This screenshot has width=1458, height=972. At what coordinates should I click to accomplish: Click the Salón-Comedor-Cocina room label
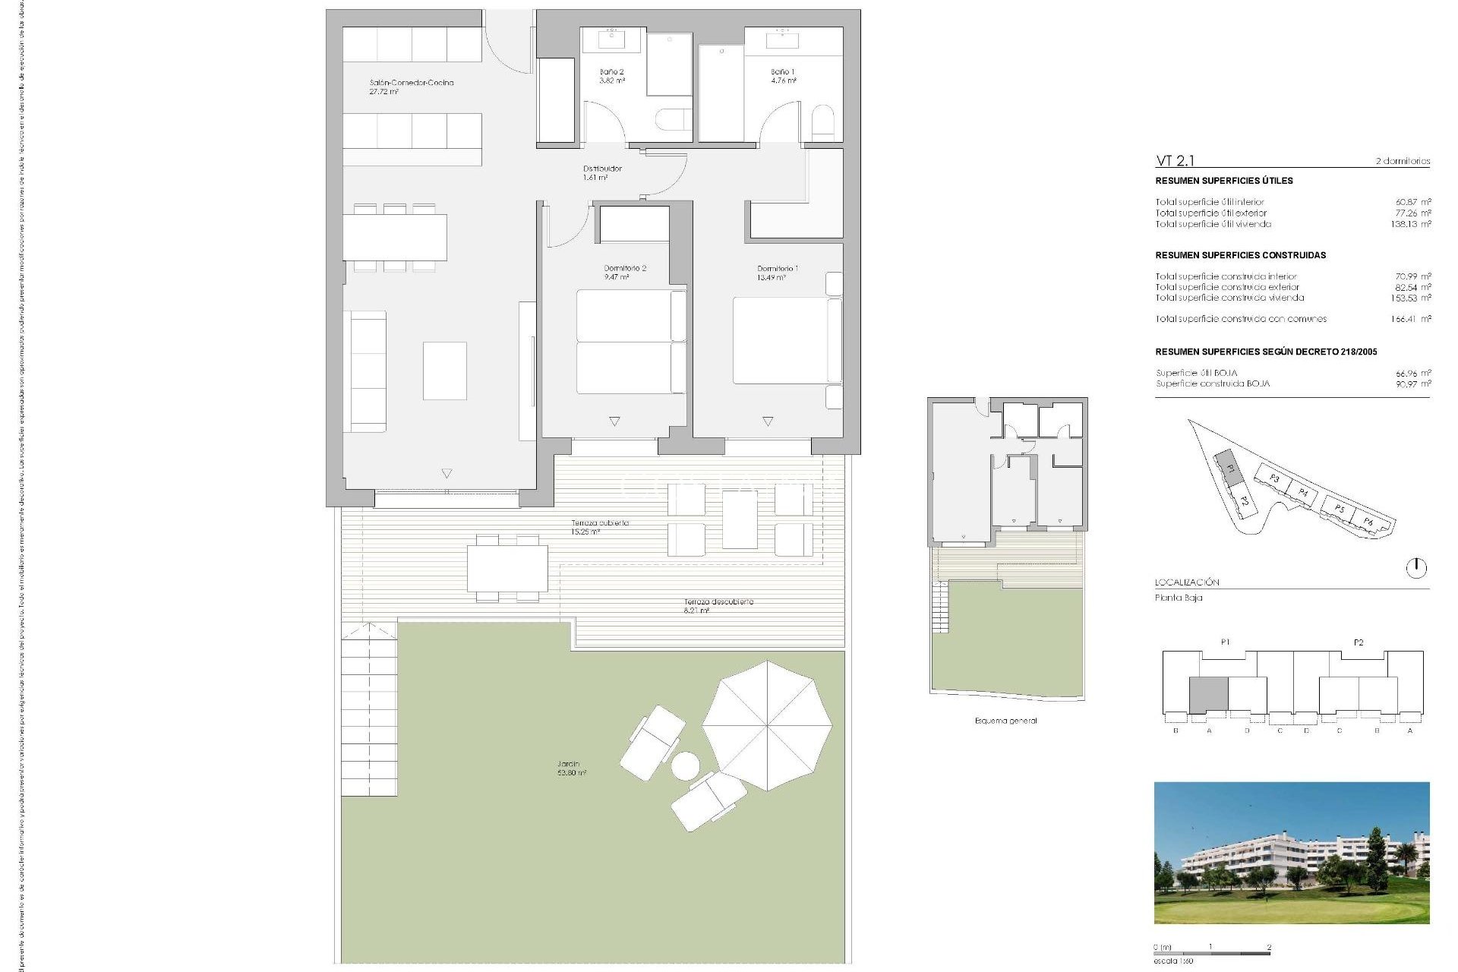coord(411,84)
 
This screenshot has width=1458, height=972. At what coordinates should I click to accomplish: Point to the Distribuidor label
coord(602,169)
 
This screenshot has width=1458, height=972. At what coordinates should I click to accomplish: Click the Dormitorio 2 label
coord(624,269)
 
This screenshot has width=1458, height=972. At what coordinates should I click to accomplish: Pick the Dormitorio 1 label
coord(777,269)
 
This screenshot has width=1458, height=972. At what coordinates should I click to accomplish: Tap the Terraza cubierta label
coord(600,523)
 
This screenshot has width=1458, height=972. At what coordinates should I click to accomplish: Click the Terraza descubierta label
coord(718,602)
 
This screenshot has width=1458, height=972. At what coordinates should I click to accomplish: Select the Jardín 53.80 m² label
coord(571,768)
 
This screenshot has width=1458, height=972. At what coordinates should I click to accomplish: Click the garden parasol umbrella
coord(766,725)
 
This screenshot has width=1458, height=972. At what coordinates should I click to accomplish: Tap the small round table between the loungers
coord(686,765)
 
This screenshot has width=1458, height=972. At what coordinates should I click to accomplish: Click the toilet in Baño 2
coord(673,120)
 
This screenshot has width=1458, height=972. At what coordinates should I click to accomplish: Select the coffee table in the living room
coord(445,371)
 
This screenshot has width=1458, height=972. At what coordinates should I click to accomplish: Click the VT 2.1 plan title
coord(1175,160)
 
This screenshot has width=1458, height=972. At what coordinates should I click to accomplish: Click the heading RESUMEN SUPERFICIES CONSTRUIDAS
coord(1240,255)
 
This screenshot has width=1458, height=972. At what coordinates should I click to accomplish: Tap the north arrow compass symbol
coord(1416,568)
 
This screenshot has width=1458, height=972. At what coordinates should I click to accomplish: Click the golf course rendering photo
coord(1291,852)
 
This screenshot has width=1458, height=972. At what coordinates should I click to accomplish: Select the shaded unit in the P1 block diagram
coord(1208,695)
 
